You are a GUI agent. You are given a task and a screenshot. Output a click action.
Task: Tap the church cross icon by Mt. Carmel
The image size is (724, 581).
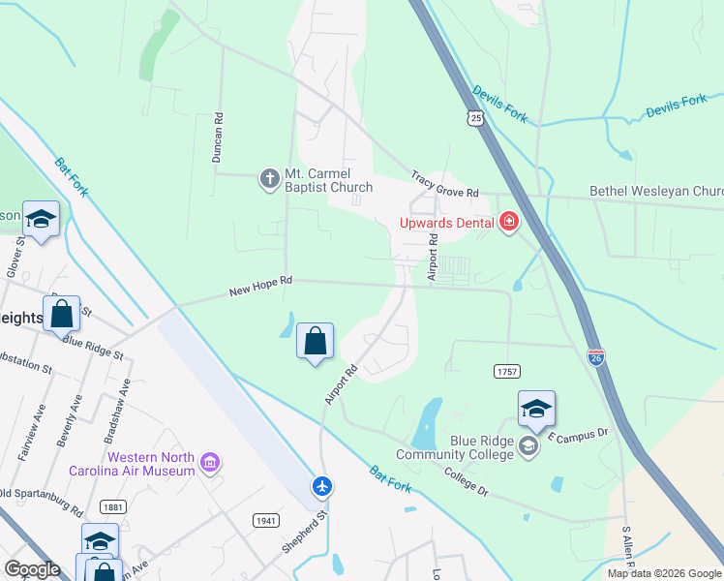(269, 178)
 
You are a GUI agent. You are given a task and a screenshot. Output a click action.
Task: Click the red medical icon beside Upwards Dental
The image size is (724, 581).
(508, 224)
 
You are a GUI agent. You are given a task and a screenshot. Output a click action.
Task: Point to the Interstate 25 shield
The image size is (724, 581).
(474, 118)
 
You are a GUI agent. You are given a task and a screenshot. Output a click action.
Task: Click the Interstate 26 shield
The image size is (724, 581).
(596, 358)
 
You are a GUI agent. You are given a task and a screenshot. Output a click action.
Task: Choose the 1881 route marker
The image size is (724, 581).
(113, 506)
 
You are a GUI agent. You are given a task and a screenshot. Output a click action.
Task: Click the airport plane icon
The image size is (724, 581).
(322, 486)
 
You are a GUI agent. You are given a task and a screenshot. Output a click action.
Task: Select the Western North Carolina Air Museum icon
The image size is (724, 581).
(209, 464)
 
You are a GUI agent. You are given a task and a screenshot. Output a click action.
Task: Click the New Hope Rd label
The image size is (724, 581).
(260, 286)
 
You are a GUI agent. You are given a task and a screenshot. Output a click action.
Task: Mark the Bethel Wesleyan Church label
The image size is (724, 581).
(656, 192)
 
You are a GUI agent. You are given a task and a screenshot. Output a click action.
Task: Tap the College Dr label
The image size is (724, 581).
(467, 481)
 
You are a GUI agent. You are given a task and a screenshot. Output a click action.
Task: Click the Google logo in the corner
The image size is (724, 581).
(32, 569)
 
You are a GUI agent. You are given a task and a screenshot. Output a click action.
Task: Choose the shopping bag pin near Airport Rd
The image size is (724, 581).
(315, 342)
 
